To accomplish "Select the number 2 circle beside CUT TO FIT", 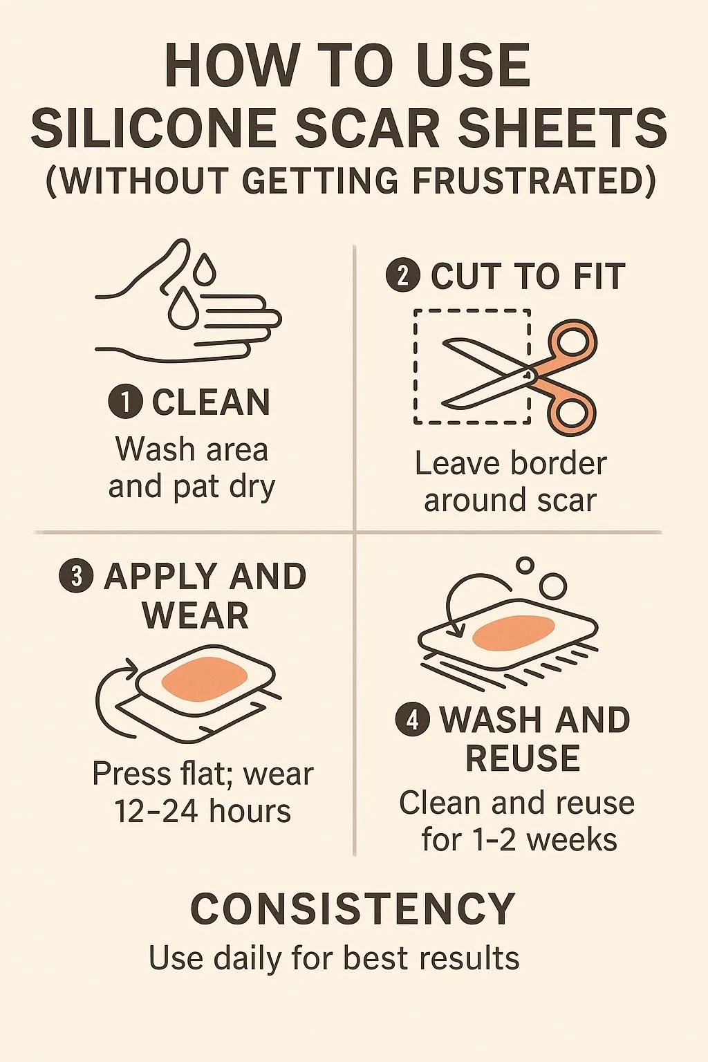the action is pyautogui.click(x=403, y=277).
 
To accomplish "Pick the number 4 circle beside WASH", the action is pyautogui.click(x=413, y=720).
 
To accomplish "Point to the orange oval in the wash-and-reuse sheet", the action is pyautogui.click(x=514, y=634).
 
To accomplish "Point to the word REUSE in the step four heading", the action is pyautogui.click(x=523, y=758).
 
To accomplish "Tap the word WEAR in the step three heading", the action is pyautogui.click(x=195, y=615).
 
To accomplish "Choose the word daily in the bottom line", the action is pyautogui.click(x=247, y=959).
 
